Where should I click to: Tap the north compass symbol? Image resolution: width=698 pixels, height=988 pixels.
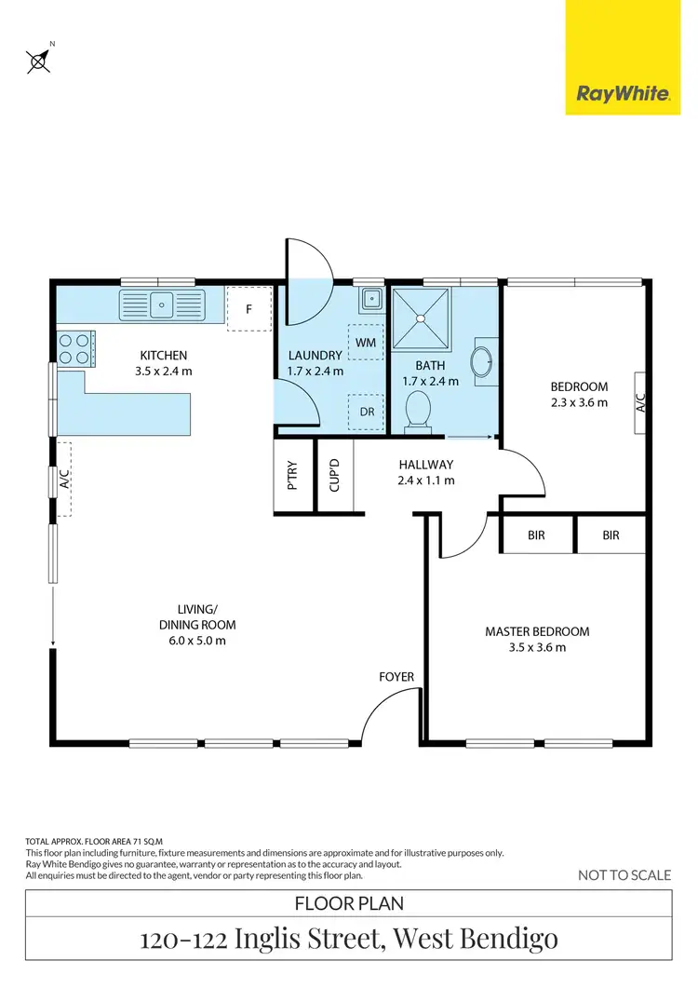coord(39,60)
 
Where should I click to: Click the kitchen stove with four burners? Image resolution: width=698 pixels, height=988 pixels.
coord(74,347)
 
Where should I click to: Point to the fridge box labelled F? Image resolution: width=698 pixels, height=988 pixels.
coord(248,308)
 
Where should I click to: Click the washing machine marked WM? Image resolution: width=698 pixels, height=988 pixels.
coord(364,342)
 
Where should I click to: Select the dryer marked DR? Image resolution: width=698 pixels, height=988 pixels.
coord(364,412)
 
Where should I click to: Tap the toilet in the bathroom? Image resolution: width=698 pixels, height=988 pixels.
coord(419,411)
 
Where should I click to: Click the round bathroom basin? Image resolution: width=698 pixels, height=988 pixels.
coord(485,361)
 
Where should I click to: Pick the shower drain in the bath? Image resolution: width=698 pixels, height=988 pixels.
coord(421,318)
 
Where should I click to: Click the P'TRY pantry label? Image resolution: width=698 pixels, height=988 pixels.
coord(292,476)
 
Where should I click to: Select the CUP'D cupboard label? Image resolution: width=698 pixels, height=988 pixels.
coord(335,476)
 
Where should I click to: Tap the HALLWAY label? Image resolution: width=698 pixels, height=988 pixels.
coord(425,465)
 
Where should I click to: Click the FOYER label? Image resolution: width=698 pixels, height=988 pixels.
coord(396,677)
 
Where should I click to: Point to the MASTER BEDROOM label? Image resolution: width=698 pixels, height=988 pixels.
coord(537,631)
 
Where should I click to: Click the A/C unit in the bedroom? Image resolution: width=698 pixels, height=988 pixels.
coord(640,402)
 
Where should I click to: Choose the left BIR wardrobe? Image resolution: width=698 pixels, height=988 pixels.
coord(536,535)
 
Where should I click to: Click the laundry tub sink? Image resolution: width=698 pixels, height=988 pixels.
coord(369,299)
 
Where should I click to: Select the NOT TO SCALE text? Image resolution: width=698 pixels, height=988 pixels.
coord(624,874)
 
